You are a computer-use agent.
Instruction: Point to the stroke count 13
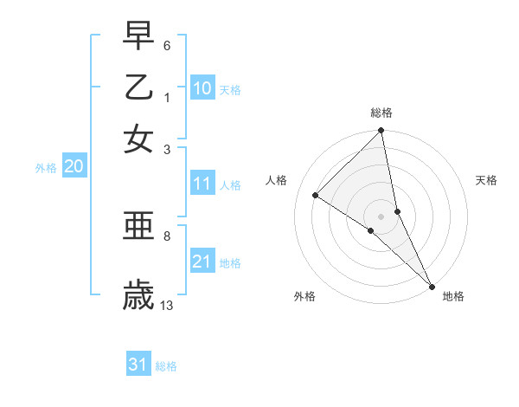pos(167,305)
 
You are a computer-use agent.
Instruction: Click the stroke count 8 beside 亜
pos(167,235)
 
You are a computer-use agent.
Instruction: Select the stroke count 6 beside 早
pos(167,44)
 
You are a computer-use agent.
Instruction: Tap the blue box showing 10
pos(202,88)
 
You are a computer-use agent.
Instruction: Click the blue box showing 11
pos(202,184)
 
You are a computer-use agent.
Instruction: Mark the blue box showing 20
pos(74,167)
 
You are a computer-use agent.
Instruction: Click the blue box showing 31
pos(138,365)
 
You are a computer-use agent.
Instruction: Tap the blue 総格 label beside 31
pos(166,366)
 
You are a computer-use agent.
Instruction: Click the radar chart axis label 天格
pos(486,180)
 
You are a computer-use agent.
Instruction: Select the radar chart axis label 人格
pos(276,180)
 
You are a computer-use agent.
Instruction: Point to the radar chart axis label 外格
pos(304,297)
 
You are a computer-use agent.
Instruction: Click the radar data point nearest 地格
pos(431,285)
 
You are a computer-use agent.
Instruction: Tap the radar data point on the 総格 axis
pos(381,132)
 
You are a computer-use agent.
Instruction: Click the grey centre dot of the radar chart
pos(381,216)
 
